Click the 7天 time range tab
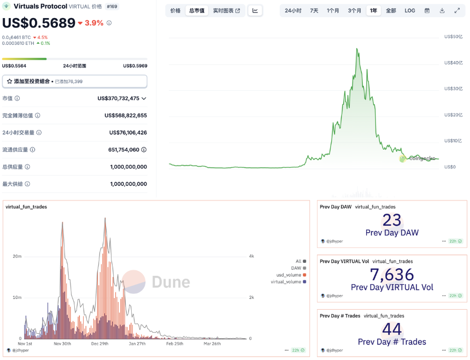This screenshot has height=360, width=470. coord(314,10)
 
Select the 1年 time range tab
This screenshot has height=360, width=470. coord(373,10)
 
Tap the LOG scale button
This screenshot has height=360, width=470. coord(410,10)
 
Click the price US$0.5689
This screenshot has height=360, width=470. coord(38,23)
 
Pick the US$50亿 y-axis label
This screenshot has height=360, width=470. coord(453,37)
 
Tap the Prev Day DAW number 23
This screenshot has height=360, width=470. coord(392,220)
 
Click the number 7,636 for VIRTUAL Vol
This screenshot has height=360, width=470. coord(392,274)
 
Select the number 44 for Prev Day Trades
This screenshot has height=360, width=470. coord(392,329)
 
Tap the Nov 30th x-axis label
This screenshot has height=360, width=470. coord(62,344)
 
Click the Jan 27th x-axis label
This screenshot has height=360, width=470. coord(137,344)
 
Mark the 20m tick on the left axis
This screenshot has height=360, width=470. coord(17,256)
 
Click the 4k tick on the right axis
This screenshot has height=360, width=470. coord(251,256)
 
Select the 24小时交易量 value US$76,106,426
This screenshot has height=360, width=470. coord(128,132)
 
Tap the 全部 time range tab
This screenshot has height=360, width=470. coord(391,10)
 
